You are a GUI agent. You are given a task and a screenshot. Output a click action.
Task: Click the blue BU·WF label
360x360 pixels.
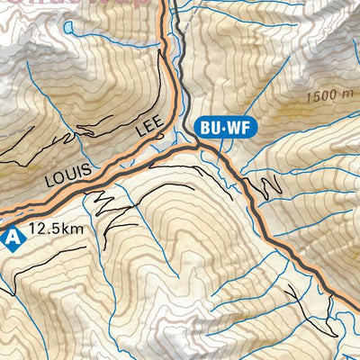(222, 128)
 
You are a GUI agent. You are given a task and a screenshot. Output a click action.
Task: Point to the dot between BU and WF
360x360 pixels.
(222, 128)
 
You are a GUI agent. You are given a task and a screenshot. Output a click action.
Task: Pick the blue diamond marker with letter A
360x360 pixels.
(11, 238)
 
